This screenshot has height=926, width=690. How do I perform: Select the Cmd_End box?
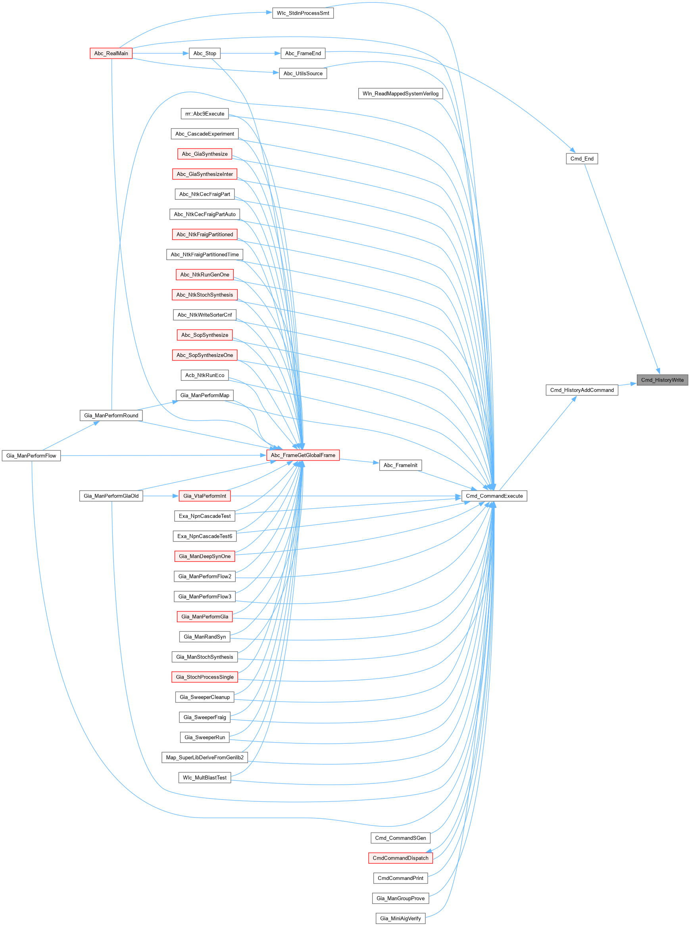(x=581, y=159)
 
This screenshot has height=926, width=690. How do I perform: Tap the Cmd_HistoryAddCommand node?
(x=581, y=390)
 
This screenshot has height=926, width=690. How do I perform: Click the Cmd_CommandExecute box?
(x=494, y=496)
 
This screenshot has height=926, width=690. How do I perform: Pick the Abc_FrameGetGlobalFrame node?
(x=303, y=455)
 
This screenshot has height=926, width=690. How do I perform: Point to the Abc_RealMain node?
(x=111, y=54)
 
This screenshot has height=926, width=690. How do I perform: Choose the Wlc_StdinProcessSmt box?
(x=303, y=13)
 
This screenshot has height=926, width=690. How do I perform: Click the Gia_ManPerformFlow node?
(x=31, y=455)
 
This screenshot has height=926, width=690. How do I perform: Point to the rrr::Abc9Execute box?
(x=205, y=114)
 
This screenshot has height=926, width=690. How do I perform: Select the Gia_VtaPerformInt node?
(x=205, y=496)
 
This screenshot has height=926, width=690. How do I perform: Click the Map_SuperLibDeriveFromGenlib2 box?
(x=205, y=757)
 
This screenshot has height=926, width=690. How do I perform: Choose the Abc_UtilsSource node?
(x=303, y=73)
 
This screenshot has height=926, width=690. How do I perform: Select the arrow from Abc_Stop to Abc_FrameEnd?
(x=251, y=54)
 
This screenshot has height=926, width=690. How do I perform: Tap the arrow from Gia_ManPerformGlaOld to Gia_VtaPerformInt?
(x=161, y=496)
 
